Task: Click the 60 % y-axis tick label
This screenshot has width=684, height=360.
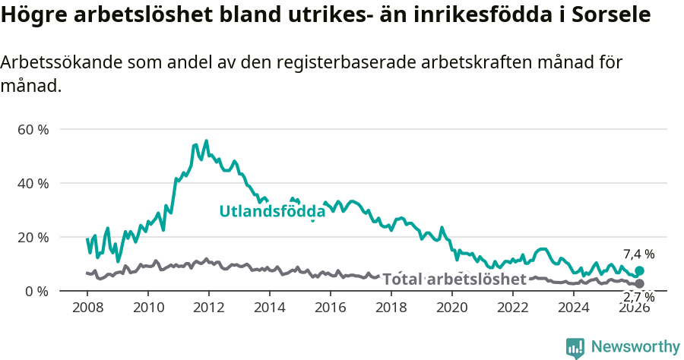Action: tap(33, 129)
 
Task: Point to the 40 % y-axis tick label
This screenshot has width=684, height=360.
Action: tap(33, 183)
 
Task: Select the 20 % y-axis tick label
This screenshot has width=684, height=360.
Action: tap(33, 237)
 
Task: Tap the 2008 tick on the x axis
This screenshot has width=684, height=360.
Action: tap(87, 308)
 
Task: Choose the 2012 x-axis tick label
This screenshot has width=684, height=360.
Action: tap(209, 308)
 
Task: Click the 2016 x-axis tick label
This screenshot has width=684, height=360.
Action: tap(331, 308)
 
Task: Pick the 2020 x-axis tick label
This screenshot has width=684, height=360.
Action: tap(452, 308)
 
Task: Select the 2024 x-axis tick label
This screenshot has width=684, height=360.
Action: tap(574, 308)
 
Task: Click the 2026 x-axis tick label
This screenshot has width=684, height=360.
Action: tap(635, 308)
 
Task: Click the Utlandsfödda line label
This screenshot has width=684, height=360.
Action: tap(272, 212)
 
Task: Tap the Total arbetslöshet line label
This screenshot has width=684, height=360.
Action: tap(454, 279)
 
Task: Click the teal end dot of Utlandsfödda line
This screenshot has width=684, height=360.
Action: tap(639, 271)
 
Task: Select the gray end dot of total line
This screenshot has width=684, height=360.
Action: tap(639, 283)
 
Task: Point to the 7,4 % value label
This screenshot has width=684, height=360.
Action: tap(638, 254)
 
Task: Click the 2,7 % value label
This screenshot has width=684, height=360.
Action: tap(638, 297)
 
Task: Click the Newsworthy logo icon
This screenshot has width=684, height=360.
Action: tap(575, 348)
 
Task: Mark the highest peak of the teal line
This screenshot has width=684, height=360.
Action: tap(206, 141)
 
